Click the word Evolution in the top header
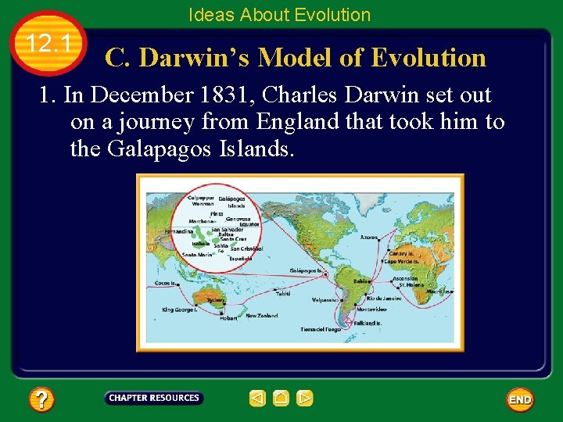[334, 14]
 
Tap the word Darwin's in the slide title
[192, 57]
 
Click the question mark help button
[41, 400]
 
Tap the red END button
[520, 400]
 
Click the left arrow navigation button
[257, 399]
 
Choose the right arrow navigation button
[305, 399]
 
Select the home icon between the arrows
[281, 399]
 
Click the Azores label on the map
[368, 237]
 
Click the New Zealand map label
[262, 316]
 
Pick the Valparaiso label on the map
[326, 299]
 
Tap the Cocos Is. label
[165, 283]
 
